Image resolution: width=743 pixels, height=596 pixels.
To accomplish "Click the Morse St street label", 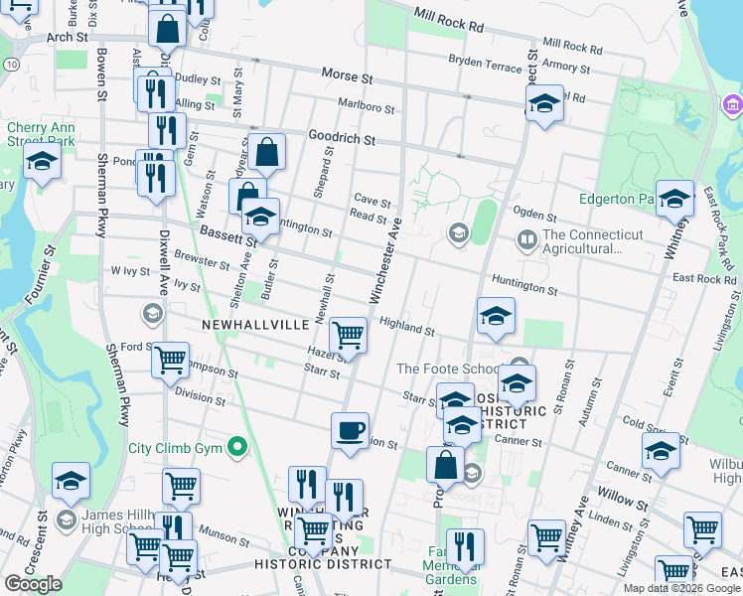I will coord(347,75).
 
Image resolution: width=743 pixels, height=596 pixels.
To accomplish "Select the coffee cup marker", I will coord(350,431).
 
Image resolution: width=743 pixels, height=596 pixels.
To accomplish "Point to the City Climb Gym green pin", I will coord(237,448).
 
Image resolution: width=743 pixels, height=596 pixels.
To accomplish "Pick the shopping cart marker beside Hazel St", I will coord(348,335).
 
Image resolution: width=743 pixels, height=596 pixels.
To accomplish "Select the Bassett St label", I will coord(228,234).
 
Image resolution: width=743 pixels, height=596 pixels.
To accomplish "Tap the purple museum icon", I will coord(733,103).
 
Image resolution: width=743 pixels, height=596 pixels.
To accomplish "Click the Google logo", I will coord(34,583).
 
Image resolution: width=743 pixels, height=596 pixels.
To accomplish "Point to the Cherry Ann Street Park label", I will coord(41,134).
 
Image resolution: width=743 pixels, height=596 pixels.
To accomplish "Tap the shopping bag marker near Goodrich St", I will coord(267,152).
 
